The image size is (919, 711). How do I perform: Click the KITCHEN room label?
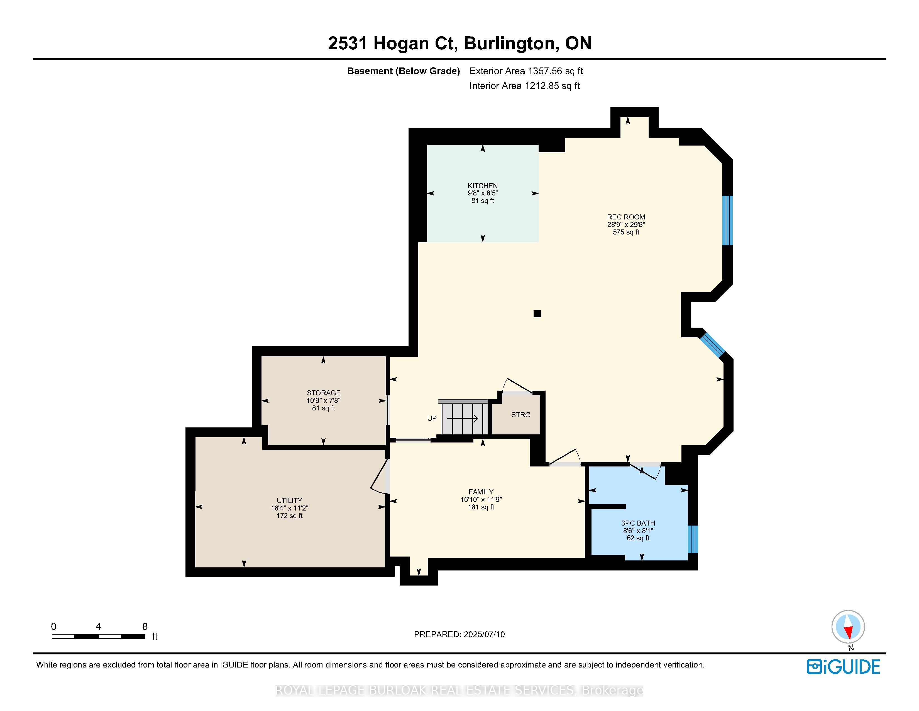pyautogui.click(x=482, y=186)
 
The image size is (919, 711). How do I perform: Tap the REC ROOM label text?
pyautogui.click(x=626, y=217)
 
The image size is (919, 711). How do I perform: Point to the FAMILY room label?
pyautogui.click(x=481, y=492)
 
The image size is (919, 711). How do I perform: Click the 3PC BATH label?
pyautogui.click(x=638, y=523)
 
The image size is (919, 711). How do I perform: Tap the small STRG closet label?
pyautogui.click(x=520, y=414)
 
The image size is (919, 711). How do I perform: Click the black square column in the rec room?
pyautogui.click(x=537, y=313)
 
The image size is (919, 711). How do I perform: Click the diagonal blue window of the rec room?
pyautogui.click(x=712, y=345)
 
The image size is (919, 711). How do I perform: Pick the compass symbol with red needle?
pyautogui.click(x=848, y=627)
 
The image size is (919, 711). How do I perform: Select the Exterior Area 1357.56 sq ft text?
pyautogui.click(x=526, y=71)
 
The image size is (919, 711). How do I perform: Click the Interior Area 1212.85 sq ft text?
pyautogui.click(x=524, y=86)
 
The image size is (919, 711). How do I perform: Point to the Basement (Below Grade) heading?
pyautogui.click(x=403, y=71)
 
